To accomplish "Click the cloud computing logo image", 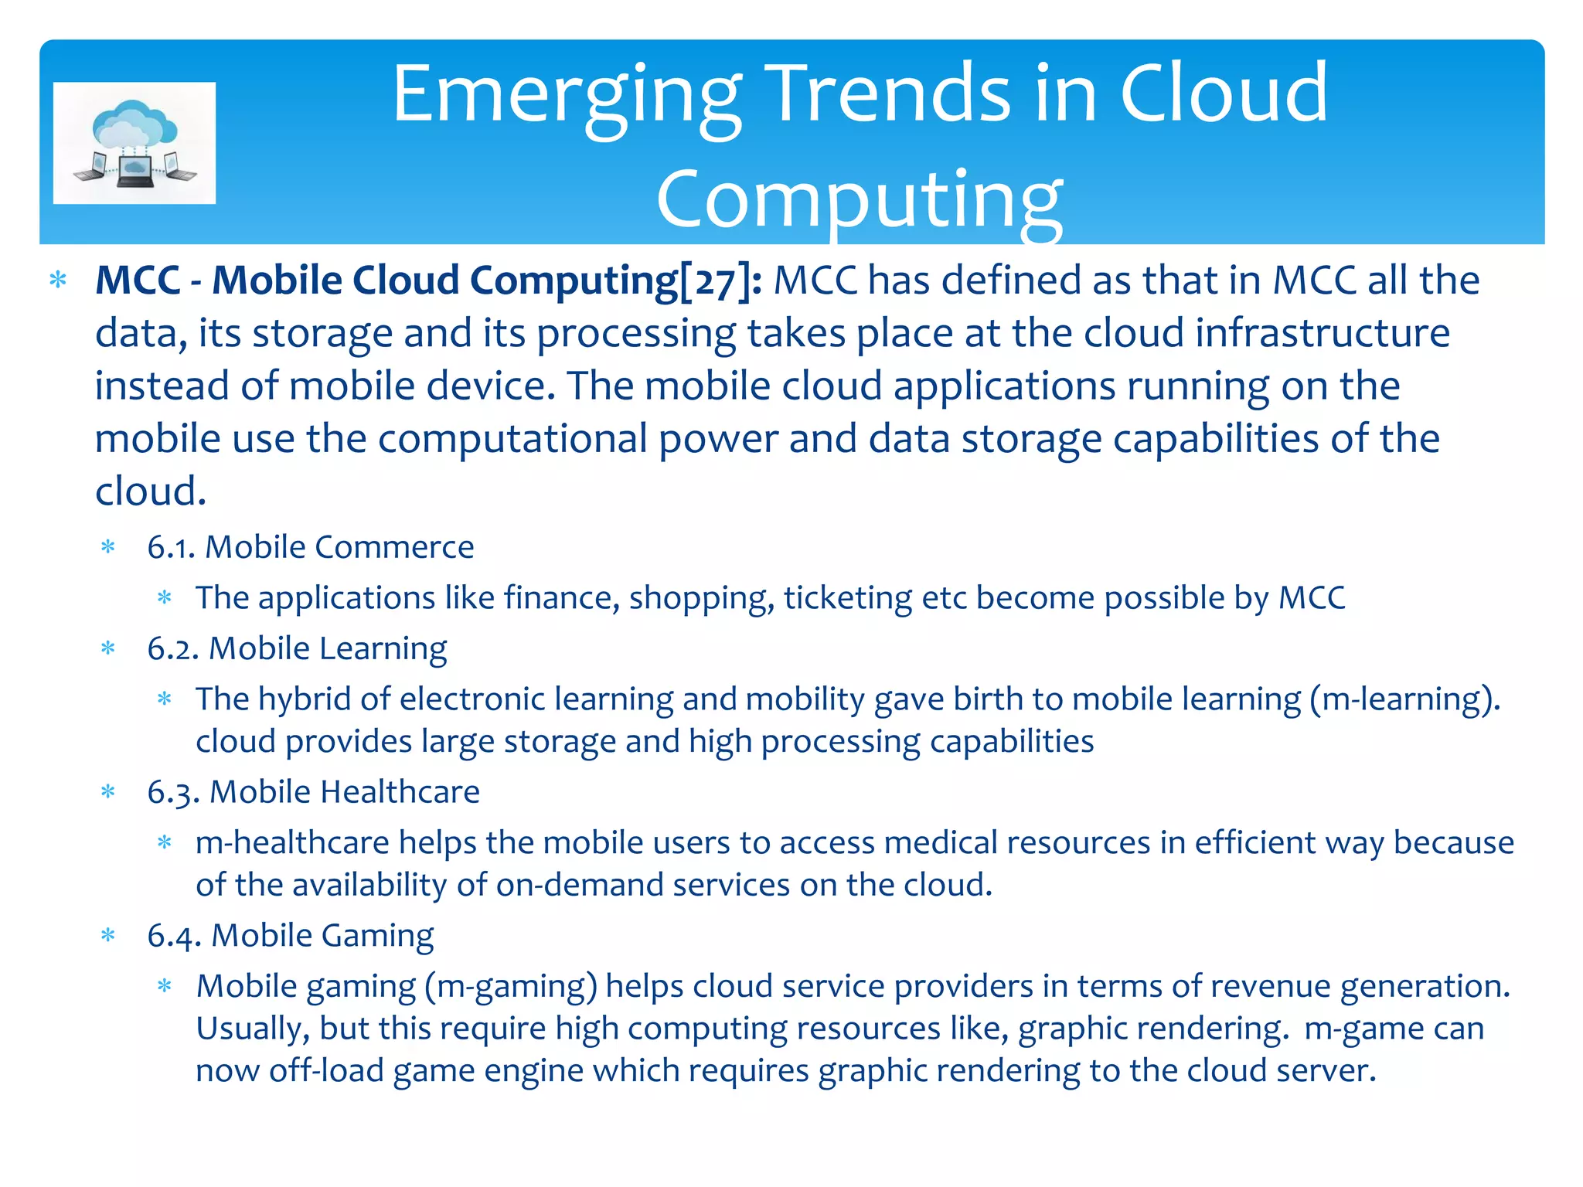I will click(134, 143).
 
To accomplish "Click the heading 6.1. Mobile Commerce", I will click(310, 547).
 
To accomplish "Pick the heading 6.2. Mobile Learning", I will click(297, 648).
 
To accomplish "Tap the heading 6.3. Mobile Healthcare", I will click(313, 792).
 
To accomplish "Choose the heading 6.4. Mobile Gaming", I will click(290, 936).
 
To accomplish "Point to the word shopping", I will click(701, 598).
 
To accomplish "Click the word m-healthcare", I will click(292, 842).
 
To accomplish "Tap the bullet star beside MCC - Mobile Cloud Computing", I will click(58, 280).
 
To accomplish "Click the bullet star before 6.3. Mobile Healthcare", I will click(108, 791).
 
